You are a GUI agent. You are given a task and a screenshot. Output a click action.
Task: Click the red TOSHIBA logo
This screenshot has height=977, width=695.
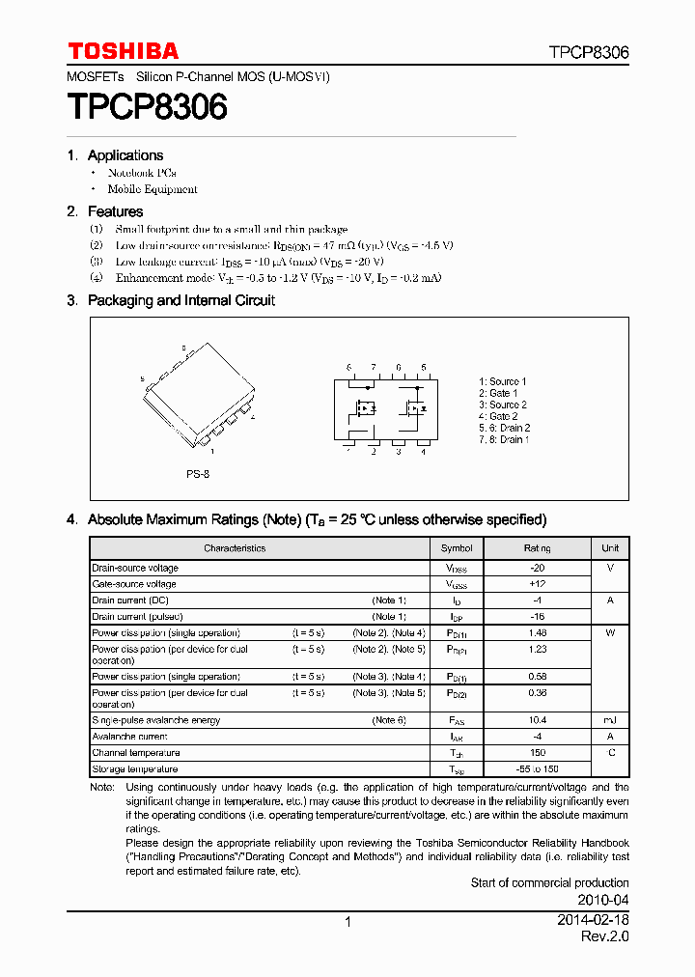tap(123, 51)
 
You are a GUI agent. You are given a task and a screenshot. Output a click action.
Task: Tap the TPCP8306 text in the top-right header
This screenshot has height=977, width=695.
tap(589, 53)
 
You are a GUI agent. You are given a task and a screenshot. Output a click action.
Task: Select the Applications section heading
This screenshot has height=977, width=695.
tap(125, 155)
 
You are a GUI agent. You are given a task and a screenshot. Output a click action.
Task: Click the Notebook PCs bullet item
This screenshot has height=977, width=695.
tap(142, 173)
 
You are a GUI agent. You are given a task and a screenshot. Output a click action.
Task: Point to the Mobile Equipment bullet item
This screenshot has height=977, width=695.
tap(152, 190)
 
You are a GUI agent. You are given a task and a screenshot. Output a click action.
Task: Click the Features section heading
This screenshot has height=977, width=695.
tap(115, 211)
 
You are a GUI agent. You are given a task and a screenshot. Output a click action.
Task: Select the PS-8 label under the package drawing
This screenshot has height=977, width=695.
tap(198, 474)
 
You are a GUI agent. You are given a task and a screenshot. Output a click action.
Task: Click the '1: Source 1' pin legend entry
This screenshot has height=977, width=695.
tap(503, 381)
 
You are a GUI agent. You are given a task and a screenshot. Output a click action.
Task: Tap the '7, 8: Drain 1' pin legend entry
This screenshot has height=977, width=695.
tap(502, 439)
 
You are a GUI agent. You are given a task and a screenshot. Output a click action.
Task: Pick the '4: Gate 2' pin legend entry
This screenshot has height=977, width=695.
tap(498, 416)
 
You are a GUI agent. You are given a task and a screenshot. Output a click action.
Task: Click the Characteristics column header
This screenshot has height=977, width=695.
tap(235, 548)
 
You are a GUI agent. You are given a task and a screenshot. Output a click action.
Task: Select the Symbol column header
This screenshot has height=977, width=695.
tap(457, 548)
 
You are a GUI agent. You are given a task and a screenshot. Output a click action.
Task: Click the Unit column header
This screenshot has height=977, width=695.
tap(610, 548)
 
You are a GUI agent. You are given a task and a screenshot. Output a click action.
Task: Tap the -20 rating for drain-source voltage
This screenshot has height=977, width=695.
tap(537, 569)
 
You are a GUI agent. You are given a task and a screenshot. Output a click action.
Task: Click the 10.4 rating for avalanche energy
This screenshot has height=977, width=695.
tap(537, 720)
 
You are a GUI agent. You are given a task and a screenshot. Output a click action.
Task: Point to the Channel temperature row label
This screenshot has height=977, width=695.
tap(135, 753)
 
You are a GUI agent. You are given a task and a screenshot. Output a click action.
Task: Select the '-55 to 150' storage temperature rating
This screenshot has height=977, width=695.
tap(537, 769)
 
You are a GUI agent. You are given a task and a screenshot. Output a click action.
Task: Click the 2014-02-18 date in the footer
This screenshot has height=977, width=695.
tap(593, 921)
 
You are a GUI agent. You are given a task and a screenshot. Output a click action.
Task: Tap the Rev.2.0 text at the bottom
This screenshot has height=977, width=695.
tap(604, 937)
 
